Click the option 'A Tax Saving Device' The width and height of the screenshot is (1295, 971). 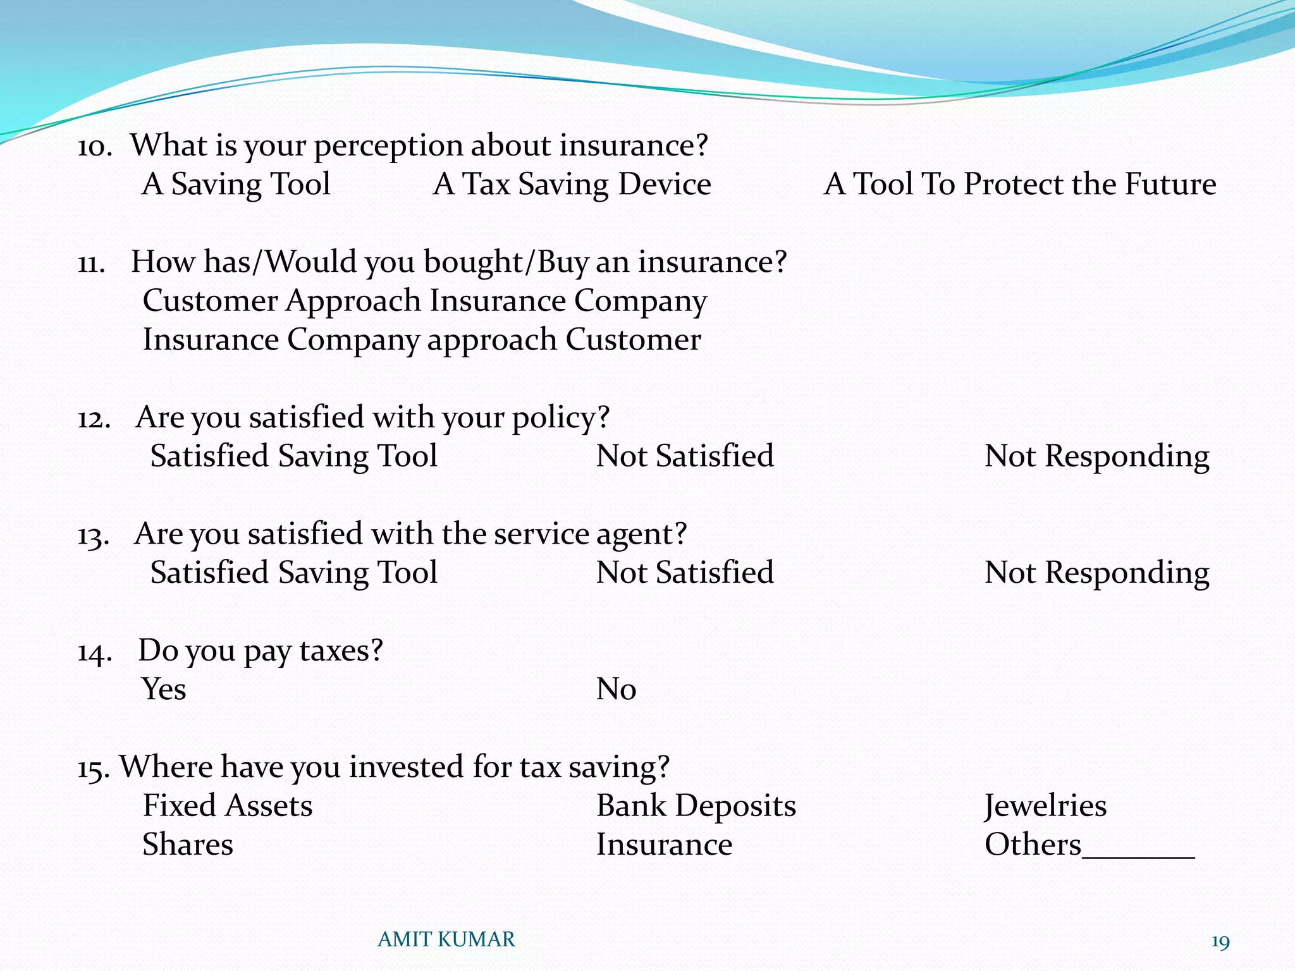tap(572, 185)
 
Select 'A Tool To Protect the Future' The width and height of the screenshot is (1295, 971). tap(1019, 185)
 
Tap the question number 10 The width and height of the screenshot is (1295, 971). tap(94, 147)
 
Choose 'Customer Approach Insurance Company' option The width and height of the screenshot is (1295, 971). tap(424, 301)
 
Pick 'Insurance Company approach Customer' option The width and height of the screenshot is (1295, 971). tap(422, 340)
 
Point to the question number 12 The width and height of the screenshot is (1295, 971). tap(94, 419)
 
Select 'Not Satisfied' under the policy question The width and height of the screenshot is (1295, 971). tap(685, 456)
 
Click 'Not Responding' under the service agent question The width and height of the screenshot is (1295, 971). tap(1096, 573)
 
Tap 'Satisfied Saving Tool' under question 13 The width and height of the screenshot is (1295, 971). tap(293, 573)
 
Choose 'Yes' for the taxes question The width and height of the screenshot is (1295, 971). tap(164, 689)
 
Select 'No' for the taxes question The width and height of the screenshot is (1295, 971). tap(616, 689)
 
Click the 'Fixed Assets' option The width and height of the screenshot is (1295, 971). tap(228, 806)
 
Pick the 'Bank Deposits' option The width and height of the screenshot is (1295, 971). tap(696, 806)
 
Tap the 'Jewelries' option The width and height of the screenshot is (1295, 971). tap(1045, 806)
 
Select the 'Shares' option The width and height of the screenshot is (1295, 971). tap(188, 845)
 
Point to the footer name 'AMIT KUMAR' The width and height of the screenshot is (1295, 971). tap(446, 940)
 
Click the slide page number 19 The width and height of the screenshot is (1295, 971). tap(1220, 943)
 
